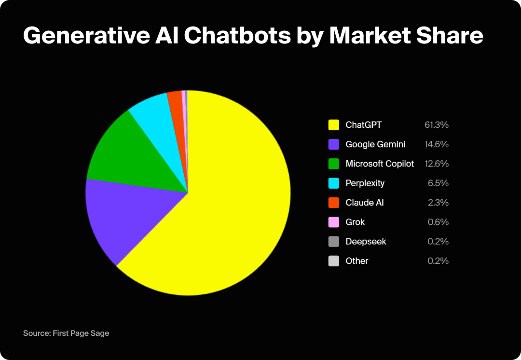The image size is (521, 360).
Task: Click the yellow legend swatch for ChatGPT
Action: pos(334,125)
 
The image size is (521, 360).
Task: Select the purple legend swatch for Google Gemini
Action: pos(334,144)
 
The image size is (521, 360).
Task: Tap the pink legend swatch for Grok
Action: pos(334,222)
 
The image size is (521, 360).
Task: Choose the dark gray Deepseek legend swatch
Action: pos(334,241)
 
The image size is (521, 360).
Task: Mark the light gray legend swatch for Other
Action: pos(334,261)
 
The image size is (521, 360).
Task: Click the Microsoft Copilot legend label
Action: pos(380,164)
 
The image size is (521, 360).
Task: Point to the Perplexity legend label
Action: pos(365,183)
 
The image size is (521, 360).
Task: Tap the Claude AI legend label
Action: pos(364,203)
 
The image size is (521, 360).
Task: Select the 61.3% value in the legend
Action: pos(437,125)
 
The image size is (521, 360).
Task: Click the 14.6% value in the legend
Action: pos(437,144)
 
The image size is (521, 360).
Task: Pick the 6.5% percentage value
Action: pos(439,183)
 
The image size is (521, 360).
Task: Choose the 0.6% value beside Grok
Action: pos(439,222)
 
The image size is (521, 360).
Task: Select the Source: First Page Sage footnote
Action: pos(66,333)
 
